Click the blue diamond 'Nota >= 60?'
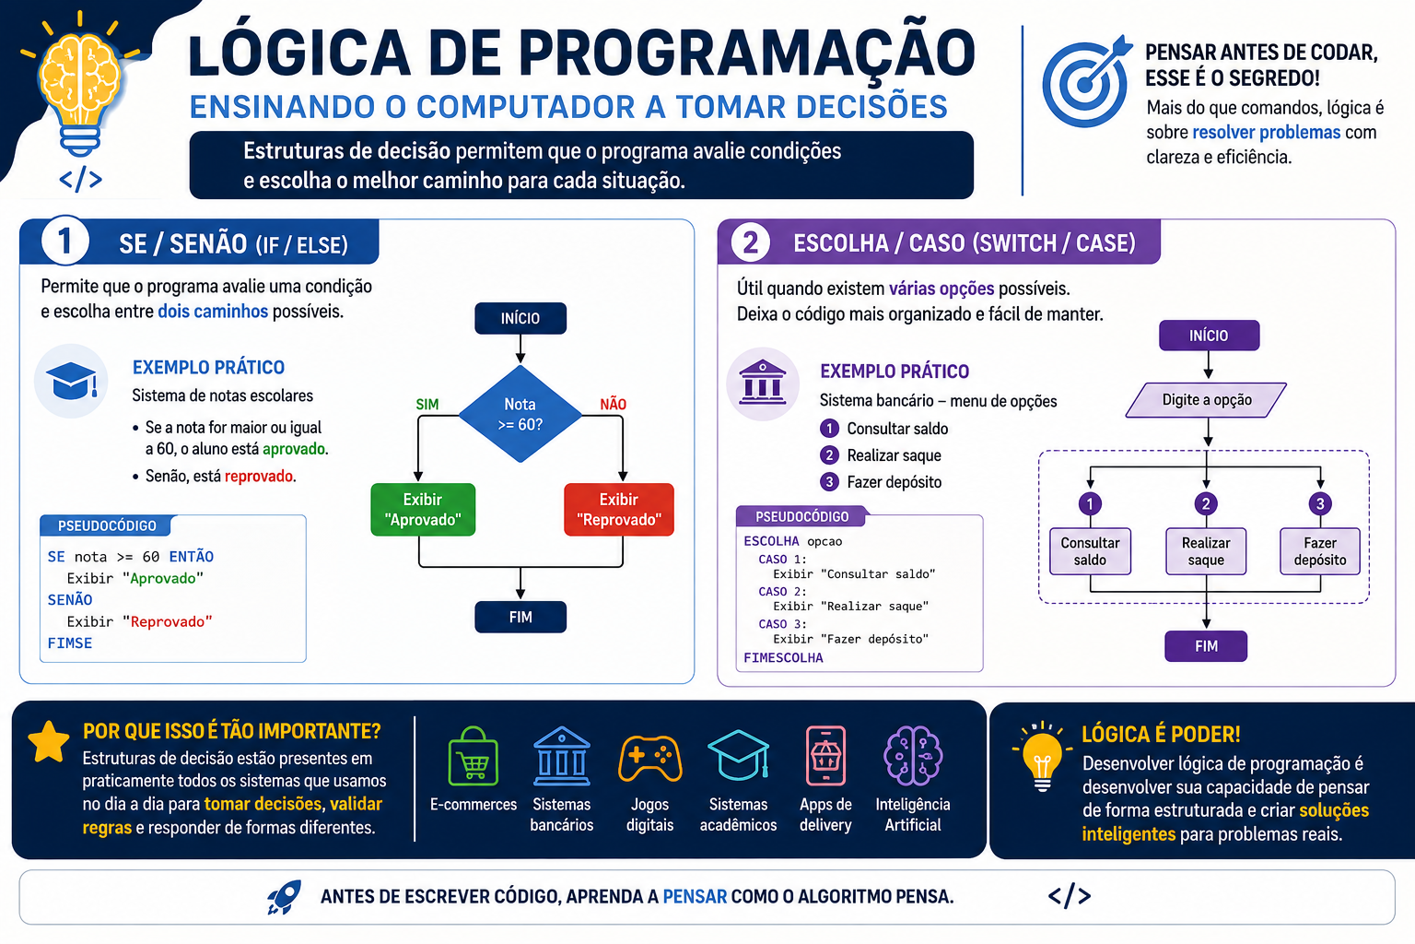click(520, 414)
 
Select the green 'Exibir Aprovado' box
click(423, 510)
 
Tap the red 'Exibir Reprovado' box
click(619, 510)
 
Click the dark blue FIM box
click(520, 617)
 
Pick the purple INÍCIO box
click(1209, 336)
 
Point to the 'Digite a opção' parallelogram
click(1207, 399)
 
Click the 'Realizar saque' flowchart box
click(1206, 551)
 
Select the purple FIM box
click(1206, 646)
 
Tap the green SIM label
click(427, 405)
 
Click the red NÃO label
click(613, 405)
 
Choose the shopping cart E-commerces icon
click(474, 756)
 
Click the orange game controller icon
click(650, 758)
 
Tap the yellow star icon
click(49, 742)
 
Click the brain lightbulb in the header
click(80, 88)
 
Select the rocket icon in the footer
click(284, 897)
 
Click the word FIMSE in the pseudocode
click(69, 643)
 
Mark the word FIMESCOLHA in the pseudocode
click(783, 658)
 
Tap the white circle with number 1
click(64, 241)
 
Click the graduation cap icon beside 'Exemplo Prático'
click(71, 381)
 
